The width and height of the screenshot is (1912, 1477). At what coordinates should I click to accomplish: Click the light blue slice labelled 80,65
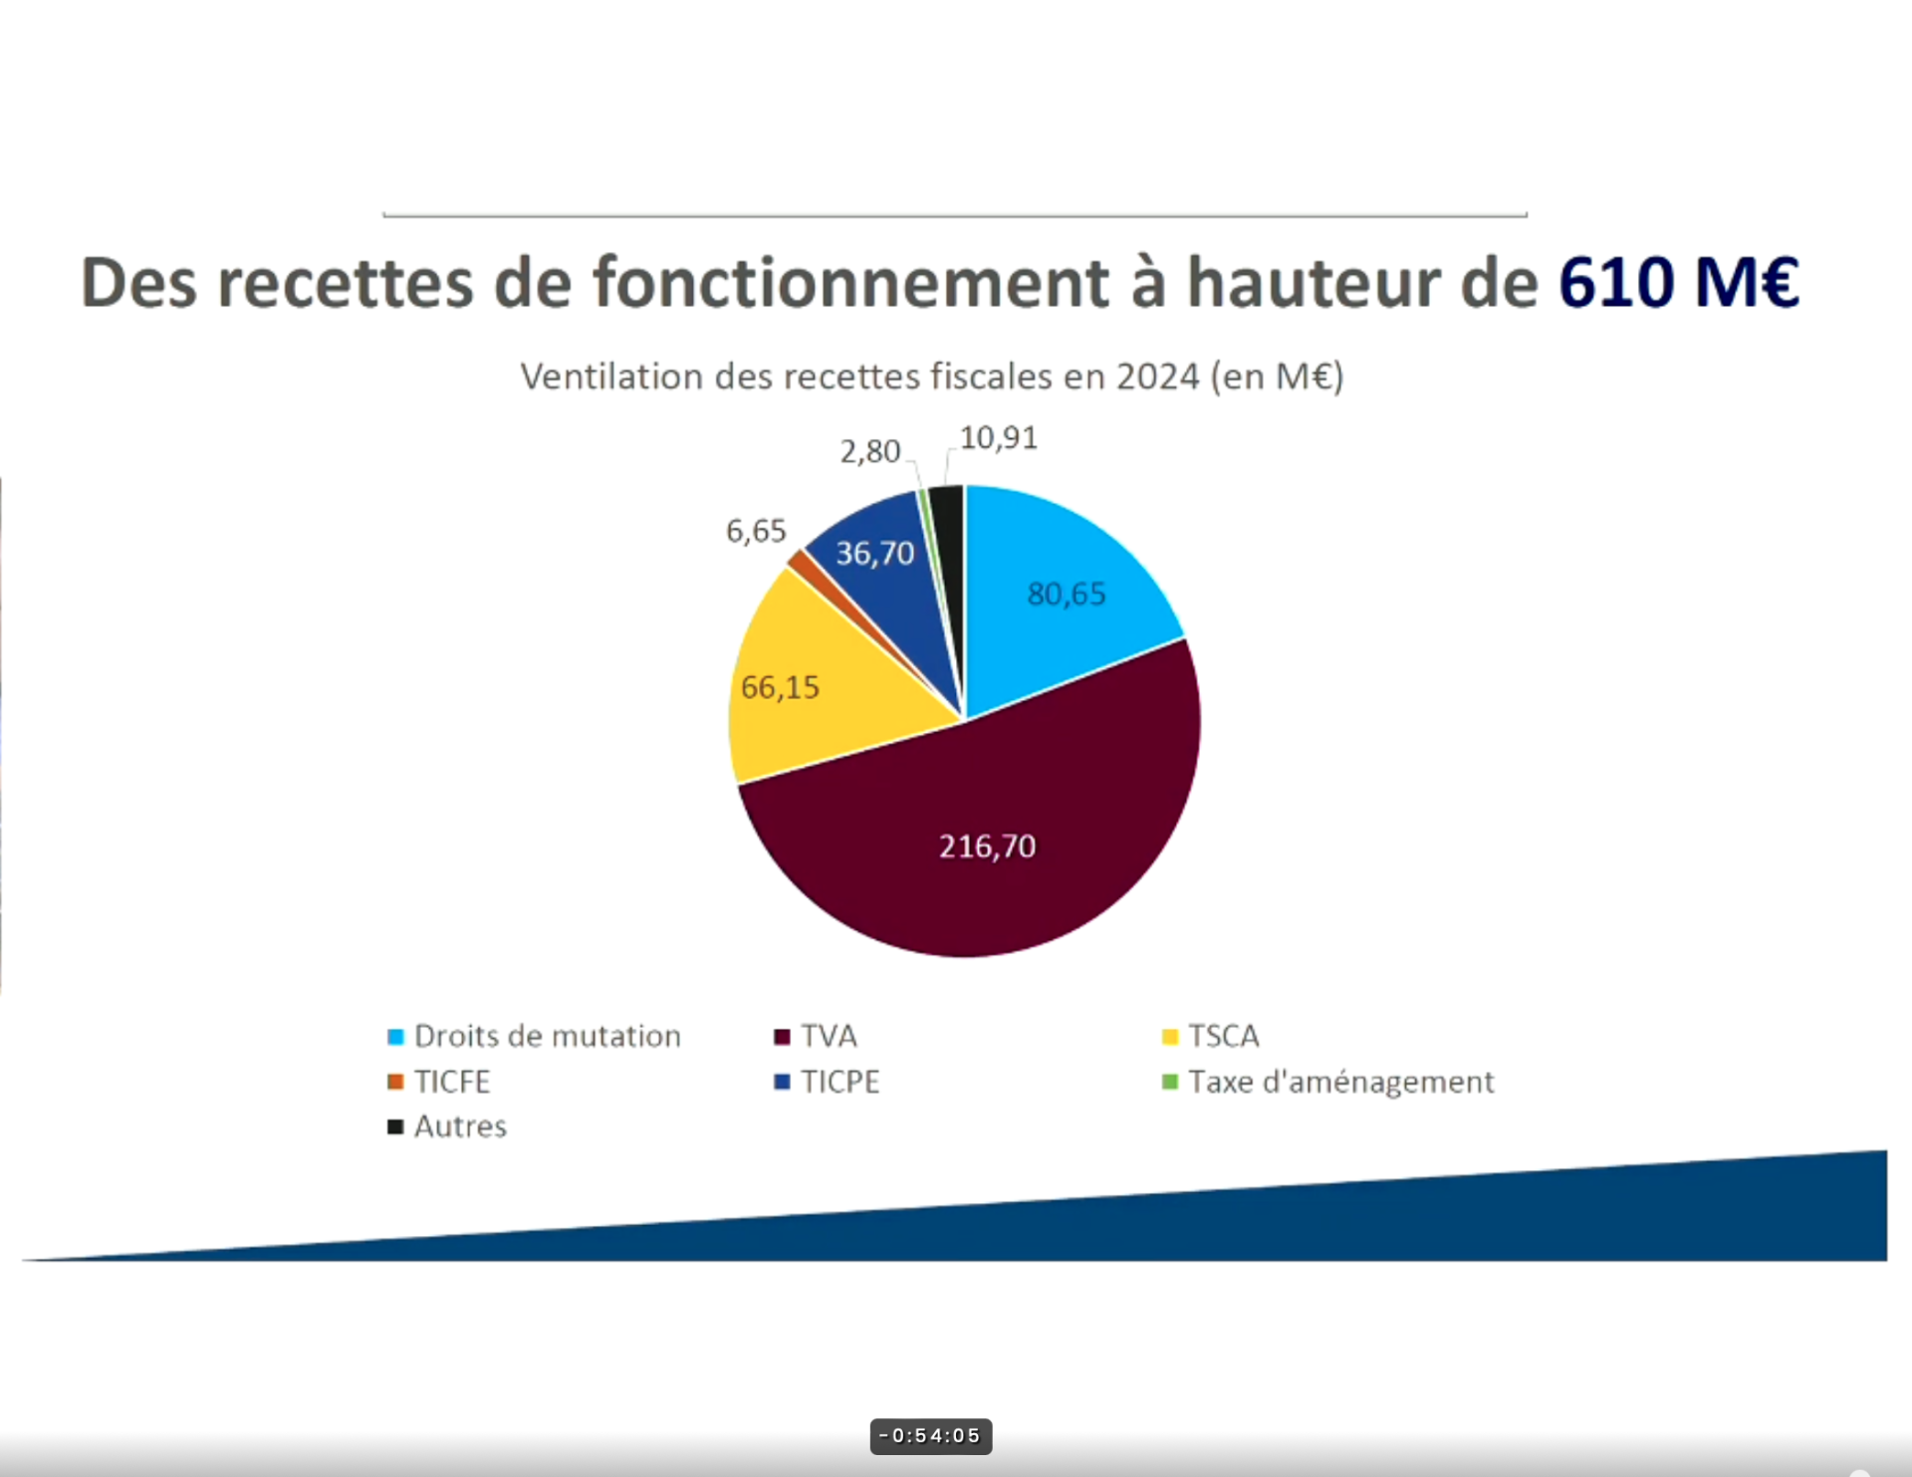[x=1066, y=598]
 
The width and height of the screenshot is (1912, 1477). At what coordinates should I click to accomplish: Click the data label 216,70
[x=988, y=847]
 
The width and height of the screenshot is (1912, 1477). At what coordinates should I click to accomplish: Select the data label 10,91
[x=999, y=438]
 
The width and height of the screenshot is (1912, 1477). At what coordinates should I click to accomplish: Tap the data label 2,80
[x=870, y=452]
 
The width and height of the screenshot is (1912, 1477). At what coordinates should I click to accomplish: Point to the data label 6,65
[x=756, y=531]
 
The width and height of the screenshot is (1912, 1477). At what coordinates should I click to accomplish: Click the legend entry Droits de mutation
[x=535, y=1037]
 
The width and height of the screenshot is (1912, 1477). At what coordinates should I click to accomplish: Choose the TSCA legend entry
[x=1211, y=1037]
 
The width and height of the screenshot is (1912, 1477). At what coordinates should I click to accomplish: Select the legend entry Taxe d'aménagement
[x=1328, y=1083]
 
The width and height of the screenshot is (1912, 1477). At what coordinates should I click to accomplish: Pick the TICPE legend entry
[x=828, y=1083]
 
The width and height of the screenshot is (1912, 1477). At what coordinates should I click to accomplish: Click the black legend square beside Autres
[x=395, y=1127]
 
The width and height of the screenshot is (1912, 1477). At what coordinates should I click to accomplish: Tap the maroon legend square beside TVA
[x=782, y=1038]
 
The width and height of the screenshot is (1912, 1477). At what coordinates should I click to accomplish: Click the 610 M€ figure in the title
[x=1679, y=283]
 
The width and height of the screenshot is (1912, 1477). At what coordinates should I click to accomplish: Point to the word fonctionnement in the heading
[x=851, y=283]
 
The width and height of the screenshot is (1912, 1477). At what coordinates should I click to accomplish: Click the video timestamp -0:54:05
[x=931, y=1436]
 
